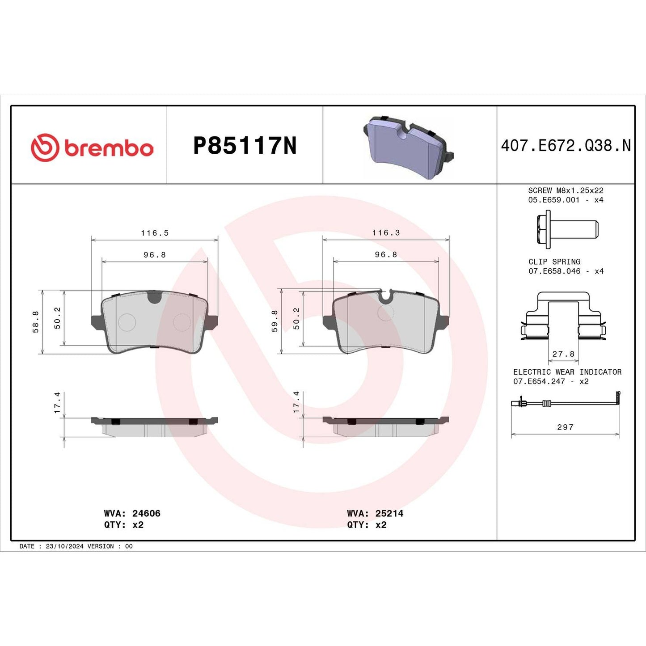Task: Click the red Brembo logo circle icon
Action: click(45, 147)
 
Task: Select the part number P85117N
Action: click(245, 146)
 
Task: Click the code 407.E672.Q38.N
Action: click(566, 146)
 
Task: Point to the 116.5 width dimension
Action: click(155, 233)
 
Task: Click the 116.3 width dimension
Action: click(386, 233)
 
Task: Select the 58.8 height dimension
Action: click(36, 322)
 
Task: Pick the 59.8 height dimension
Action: click(274, 321)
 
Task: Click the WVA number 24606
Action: click(146, 513)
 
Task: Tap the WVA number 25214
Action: click(389, 513)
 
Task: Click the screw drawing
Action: click(566, 230)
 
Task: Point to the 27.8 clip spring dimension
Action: click(563, 354)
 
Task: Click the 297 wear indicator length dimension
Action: click(565, 427)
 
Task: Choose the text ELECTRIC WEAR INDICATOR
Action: click(567, 372)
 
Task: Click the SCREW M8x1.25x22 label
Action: click(566, 190)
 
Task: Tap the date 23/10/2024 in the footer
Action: click(64, 546)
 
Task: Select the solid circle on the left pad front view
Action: click(127, 322)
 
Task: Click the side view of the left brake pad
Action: click(154, 427)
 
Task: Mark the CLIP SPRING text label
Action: click(554, 262)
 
